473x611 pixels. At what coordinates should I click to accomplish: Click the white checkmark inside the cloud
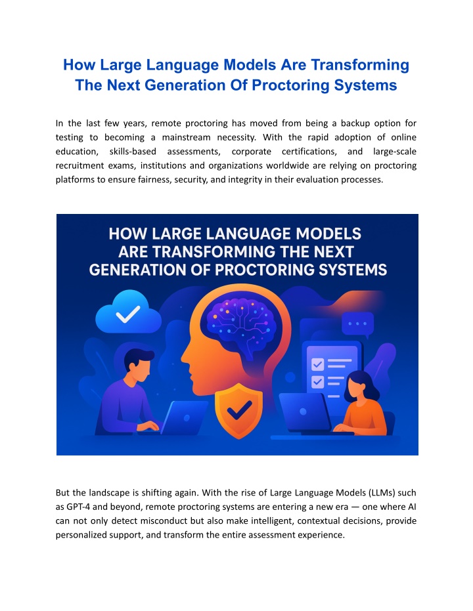[128, 314]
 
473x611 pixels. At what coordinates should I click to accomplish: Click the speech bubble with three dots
[357, 324]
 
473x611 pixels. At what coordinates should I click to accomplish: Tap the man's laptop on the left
[183, 417]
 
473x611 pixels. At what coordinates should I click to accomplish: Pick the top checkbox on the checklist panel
[317, 365]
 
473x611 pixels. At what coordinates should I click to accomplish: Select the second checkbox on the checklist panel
[317, 382]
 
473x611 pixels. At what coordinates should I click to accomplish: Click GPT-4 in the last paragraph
[78, 507]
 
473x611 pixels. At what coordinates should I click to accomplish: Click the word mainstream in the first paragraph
[186, 137]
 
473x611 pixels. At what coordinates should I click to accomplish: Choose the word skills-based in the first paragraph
[133, 151]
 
